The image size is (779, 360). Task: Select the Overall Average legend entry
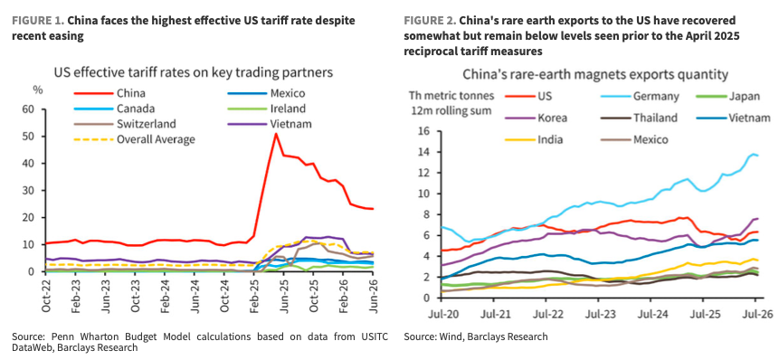click(x=134, y=139)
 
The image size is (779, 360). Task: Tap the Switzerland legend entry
click(x=125, y=124)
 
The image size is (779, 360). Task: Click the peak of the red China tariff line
click(x=275, y=134)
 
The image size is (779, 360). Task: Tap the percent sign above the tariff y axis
click(x=36, y=90)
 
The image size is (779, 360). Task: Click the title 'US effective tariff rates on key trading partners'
click(x=194, y=72)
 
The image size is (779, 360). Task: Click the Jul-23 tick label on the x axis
click(x=598, y=315)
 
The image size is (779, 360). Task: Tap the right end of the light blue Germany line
click(x=757, y=156)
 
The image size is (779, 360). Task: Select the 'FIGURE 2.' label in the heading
click(x=430, y=22)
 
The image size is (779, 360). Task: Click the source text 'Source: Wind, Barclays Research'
click(x=475, y=336)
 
